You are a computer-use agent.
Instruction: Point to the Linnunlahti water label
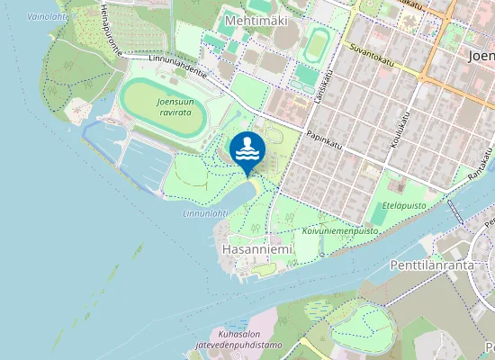point(205,214)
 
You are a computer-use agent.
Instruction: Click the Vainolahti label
point(47,16)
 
